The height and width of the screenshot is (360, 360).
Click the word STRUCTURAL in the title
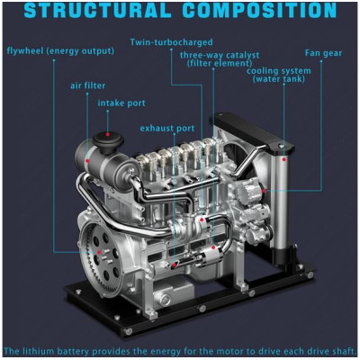click(97, 10)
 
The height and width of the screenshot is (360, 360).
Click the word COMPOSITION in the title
click(259, 10)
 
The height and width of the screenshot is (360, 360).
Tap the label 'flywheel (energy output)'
click(60, 51)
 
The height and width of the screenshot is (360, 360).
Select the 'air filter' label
click(88, 85)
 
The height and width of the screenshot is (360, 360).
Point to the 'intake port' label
click(121, 103)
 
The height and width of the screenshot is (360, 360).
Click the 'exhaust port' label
click(167, 129)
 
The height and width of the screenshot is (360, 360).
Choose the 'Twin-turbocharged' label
click(171, 42)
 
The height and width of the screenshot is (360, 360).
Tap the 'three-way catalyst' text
click(220, 56)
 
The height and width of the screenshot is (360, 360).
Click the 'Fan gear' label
click(323, 53)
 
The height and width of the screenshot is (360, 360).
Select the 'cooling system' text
click(279, 71)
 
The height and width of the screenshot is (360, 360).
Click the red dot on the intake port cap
click(108, 134)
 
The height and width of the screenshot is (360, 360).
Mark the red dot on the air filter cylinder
click(87, 161)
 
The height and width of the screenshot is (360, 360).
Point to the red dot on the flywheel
click(99, 252)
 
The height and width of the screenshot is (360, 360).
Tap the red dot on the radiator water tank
click(283, 160)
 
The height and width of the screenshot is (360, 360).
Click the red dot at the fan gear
click(264, 190)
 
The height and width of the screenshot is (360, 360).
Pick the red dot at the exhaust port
click(175, 265)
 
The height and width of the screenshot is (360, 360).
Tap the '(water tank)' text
click(279, 79)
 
